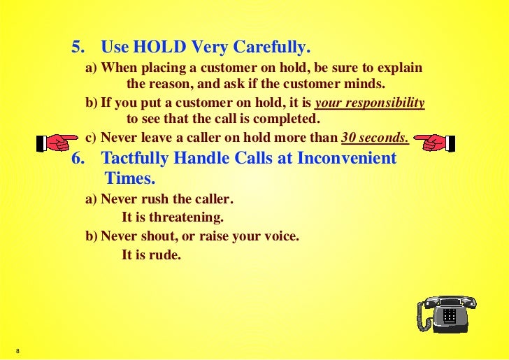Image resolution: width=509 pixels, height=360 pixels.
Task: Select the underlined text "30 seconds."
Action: [x=375, y=138]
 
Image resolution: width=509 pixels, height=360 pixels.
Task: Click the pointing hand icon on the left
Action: [x=57, y=143]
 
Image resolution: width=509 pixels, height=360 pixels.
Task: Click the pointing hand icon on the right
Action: [x=433, y=143]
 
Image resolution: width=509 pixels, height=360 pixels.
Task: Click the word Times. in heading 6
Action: [x=129, y=178]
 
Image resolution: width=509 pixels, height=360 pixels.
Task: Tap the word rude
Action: [x=165, y=255]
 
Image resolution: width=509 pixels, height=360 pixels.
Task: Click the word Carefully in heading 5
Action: [x=274, y=48]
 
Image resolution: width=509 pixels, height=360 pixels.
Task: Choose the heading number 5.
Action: [x=78, y=48]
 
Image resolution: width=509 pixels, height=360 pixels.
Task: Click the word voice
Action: [x=280, y=236]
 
